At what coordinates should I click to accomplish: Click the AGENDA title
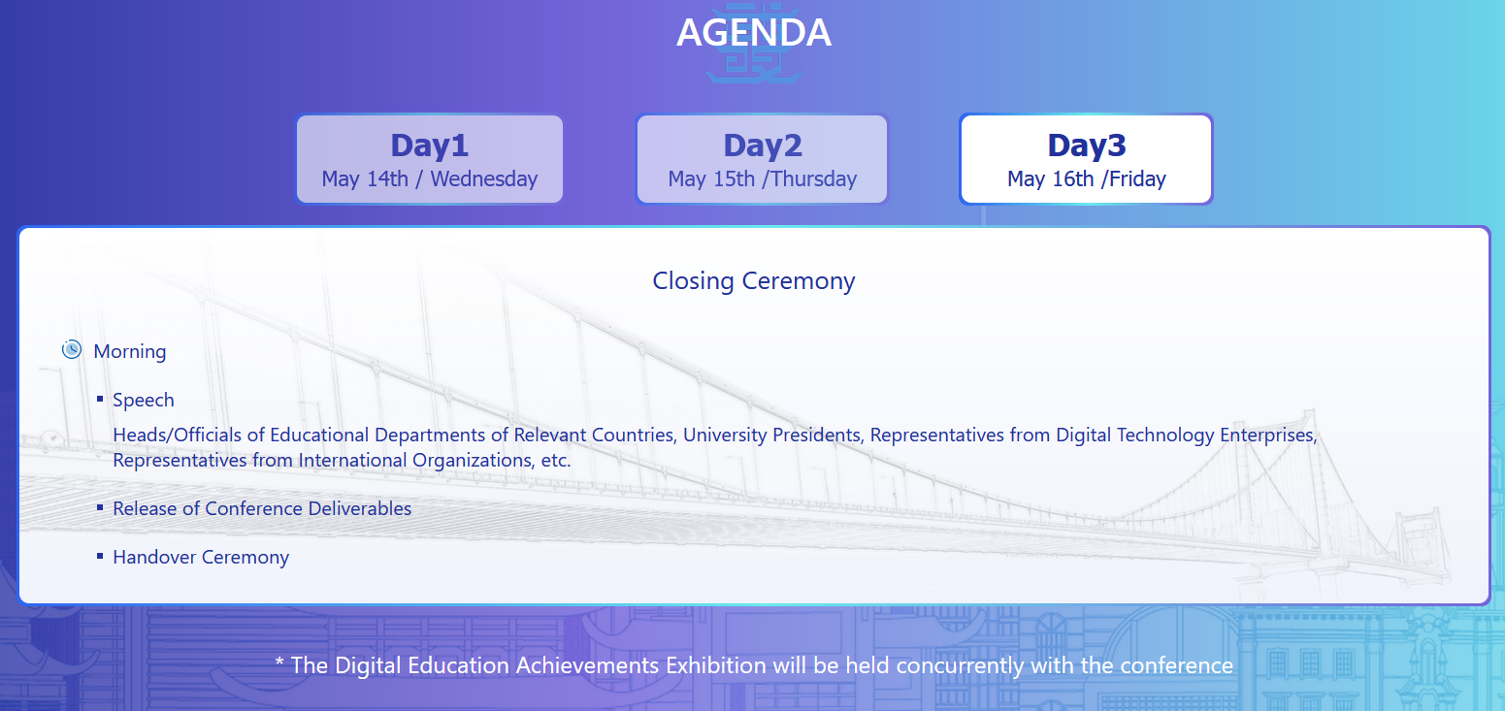(x=754, y=32)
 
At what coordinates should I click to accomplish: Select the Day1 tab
(x=429, y=159)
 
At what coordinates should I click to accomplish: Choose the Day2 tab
(x=762, y=159)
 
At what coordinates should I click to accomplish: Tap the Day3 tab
(x=1087, y=159)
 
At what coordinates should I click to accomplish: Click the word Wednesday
(x=484, y=179)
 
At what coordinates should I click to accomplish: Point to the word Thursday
(x=814, y=179)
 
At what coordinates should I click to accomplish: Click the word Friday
(x=1137, y=179)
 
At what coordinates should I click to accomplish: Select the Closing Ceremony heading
(x=754, y=280)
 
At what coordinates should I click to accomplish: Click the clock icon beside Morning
(x=72, y=350)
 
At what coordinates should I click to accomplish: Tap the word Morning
(x=130, y=351)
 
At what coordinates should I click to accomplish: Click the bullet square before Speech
(x=100, y=400)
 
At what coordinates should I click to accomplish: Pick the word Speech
(x=143, y=401)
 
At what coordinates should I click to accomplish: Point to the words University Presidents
(x=772, y=436)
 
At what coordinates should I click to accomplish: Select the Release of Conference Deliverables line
(x=262, y=509)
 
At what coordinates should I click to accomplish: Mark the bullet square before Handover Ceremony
(x=100, y=556)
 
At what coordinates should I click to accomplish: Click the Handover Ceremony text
(x=201, y=557)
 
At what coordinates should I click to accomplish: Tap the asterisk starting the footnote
(x=279, y=663)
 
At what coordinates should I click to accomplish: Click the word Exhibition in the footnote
(x=715, y=665)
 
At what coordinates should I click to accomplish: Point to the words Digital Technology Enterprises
(x=1187, y=436)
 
